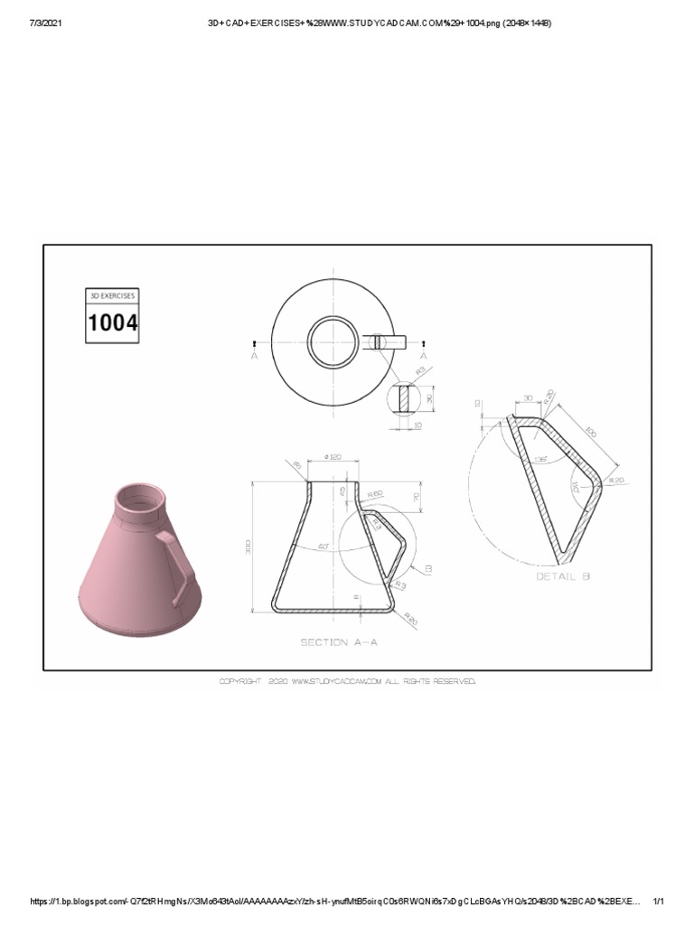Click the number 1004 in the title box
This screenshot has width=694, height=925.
click(x=113, y=322)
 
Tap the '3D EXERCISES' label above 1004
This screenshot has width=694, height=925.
click(x=112, y=295)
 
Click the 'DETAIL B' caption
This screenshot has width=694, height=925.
click(x=564, y=575)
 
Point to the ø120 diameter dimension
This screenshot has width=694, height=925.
click(x=334, y=459)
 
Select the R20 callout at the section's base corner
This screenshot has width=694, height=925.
click(x=411, y=620)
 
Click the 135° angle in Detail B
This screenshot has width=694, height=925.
click(x=542, y=459)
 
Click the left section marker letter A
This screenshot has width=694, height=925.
click(x=255, y=356)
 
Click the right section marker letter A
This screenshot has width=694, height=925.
click(x=423, y=356)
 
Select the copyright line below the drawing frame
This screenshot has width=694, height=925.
click(x=347, y=682)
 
